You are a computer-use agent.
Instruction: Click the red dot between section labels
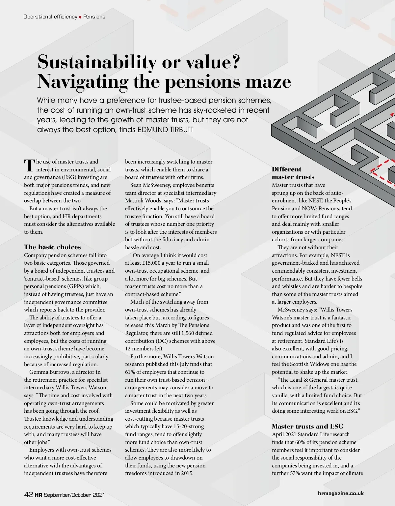click(80, 17)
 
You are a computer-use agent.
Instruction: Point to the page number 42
click(28, 494)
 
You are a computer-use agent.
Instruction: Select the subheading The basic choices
click(52, 247)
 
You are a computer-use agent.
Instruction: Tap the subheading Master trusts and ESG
click(307, 426)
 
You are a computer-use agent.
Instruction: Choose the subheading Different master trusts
click(293, 173)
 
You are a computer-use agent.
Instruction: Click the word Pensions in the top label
click(94, 17)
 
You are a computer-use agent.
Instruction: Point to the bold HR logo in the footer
click(38, 495)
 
